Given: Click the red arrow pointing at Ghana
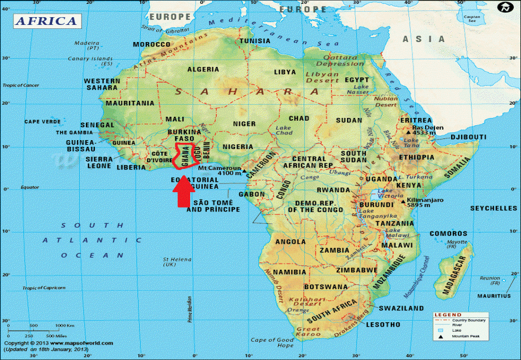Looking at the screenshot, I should click(182, 193).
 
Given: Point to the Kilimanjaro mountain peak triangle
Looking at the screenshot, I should click(403, 200).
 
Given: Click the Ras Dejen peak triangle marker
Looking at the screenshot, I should click(408, 133).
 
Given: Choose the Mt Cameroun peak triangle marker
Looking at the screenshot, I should click(244, 172).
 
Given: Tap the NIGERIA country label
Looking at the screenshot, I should click(239, 147).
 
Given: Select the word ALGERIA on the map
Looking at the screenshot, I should click(203, 70).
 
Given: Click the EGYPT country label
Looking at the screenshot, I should click(356, 80).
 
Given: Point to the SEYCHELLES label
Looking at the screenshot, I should click(493, 209).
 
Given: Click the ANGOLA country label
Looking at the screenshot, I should click(290, 242).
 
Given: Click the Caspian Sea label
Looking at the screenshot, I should click(472, 19).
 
